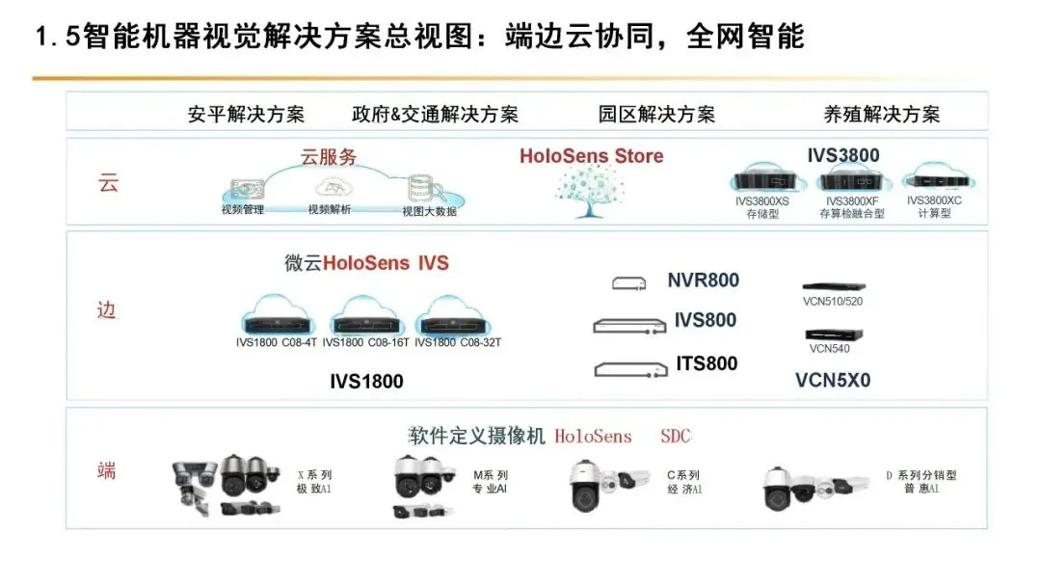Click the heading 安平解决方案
coord(246,114)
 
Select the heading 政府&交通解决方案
coord(435,114)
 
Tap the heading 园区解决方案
coord(656,114)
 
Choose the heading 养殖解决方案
coord(881,114)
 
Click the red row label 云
coord(108,183)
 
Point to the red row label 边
coord(107,310)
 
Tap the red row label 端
coord(107,470)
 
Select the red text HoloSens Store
coord(591,155)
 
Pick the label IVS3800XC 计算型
coord(934,206)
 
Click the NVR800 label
coord(703,280)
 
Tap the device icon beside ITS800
coord(630,367)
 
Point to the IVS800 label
coord(705,320)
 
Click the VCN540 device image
coord(829,333)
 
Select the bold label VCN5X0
coord(832,380)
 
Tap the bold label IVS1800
coord(366,382)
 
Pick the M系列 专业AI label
coord(490,482)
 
